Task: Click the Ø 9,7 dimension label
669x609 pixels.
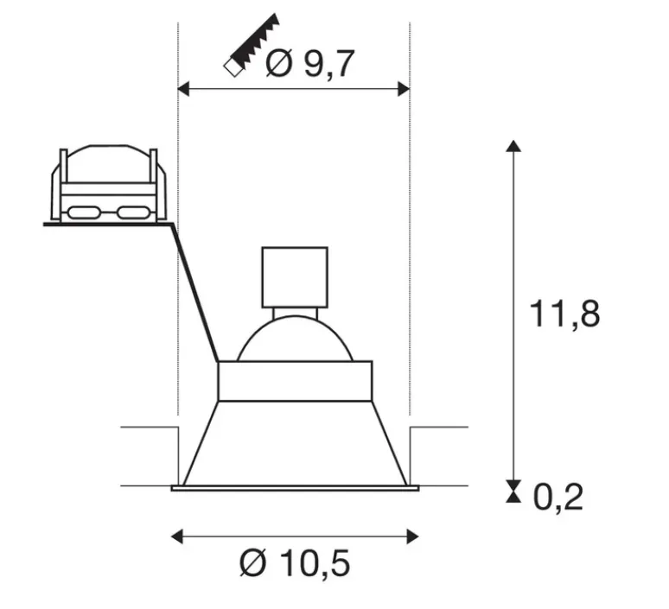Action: point(309,64)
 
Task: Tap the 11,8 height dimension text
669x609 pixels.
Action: point(564,314)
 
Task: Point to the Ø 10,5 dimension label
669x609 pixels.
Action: point(295,564)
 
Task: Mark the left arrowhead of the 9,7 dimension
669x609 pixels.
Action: point(183,87)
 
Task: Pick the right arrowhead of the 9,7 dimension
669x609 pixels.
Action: point(402,87)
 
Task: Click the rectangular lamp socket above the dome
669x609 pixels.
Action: point(295,276)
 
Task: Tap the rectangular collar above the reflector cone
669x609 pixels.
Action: point(295,381)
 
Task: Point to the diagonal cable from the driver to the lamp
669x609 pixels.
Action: point(195,294)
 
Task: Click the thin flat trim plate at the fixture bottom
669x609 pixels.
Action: point(295,489)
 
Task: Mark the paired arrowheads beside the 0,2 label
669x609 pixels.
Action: point(513,492)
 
